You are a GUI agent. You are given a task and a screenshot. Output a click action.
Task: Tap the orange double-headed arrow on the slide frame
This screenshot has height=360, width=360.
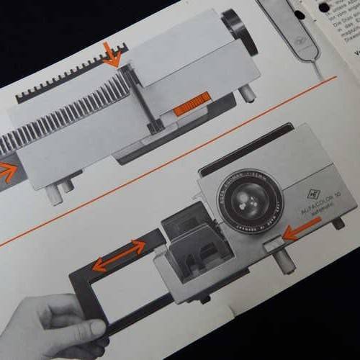[x=119, y=256]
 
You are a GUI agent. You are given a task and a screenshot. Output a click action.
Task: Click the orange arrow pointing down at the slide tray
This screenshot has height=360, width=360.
[x=111, y=54]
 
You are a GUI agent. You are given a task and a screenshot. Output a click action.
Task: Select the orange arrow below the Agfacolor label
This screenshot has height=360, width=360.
[x=302, y=228]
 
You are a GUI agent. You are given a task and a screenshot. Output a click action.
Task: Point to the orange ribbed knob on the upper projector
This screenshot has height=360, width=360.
[x=192, y=104]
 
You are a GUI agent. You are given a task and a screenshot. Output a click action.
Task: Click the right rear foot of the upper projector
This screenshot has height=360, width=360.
[x=247, y=93]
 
